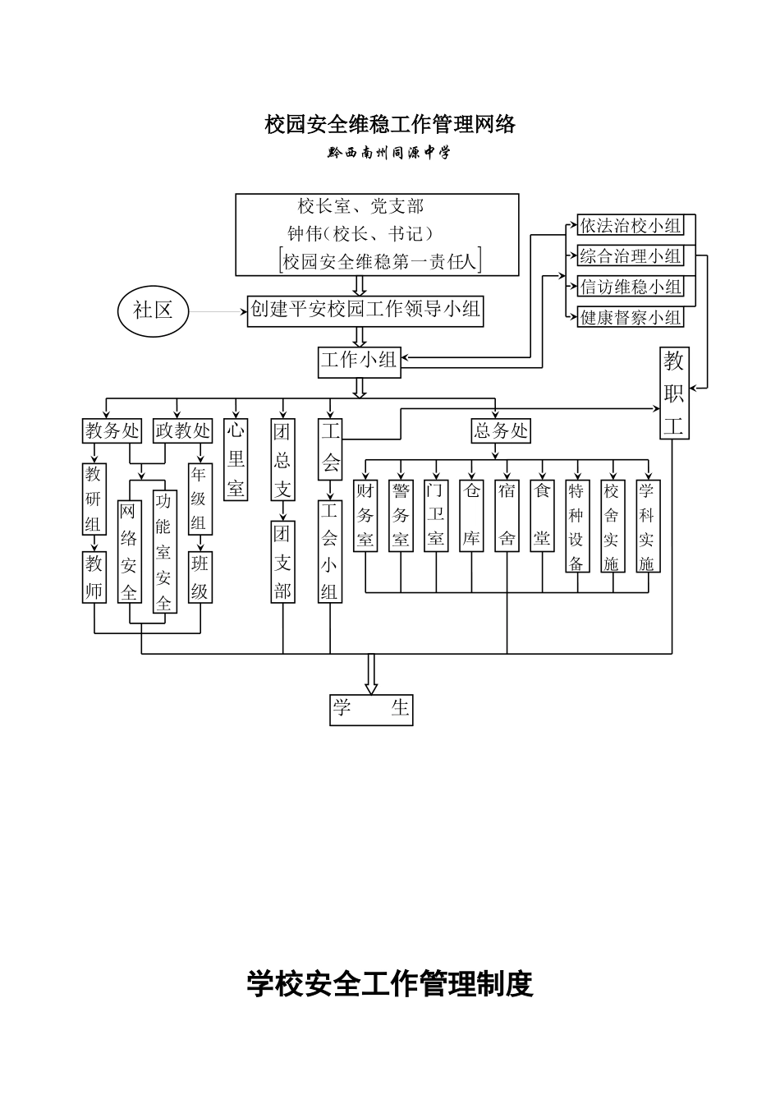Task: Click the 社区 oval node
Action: (x=154, y=310)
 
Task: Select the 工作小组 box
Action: (x=359, y=361)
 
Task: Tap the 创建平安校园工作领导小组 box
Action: (x=365, y=310)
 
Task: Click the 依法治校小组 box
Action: (x=631, y=226)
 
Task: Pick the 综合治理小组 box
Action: (x=631, y=256)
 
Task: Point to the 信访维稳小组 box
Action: (x=631, y=287)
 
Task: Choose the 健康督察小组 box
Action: (x=631, y=317)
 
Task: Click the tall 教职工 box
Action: (x=673, y=393)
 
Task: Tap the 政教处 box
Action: (x=183, y=430)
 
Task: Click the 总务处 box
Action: (x=500, y=430)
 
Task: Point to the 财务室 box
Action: (x=365, y=515)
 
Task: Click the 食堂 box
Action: (x=542, y=515)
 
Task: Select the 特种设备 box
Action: (x=576, y=526)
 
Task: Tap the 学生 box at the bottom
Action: (x=371, y=709)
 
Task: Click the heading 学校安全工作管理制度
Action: (x=390, y=983)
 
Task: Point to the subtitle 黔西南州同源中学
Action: (x=389, y=153)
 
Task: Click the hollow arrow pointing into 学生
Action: (x=371, y=674)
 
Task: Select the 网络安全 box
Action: (x=129, y=552)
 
